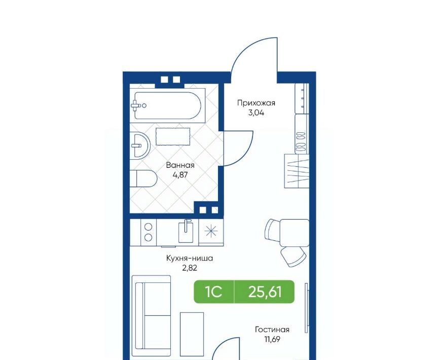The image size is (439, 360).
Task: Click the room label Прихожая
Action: pyautogui.click(x=256, y=103)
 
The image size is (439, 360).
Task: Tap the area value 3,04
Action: pyautogui.click(x=256, y=113)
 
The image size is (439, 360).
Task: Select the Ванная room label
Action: pyautogui.click(x=180, y=165)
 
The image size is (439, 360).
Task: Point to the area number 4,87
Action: pyautogui.click(x=180, y=175)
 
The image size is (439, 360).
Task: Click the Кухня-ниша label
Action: pyautogui.click(x=190, y=258)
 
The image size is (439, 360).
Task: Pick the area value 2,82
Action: pyautogui.click(x=190, y=268)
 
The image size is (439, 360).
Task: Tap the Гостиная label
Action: pyautogui.click(x=272, y=330)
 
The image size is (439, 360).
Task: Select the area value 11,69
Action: pyautogui.click(x=272, y=340)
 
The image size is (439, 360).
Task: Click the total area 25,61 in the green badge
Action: pyautogui.click(x=265, y=292)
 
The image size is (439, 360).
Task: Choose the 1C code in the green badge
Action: pyautogui.click(x=214, y=292)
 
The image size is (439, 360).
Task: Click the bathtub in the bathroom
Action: pyautogui.click(x=167, y=105)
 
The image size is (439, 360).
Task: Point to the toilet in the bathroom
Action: pyautogui.click(x=143, y=178)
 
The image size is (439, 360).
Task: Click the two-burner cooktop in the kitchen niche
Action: pyautogui.click(x=148, y=232)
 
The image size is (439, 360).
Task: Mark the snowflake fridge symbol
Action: pyautogui.click(x=211, y=232)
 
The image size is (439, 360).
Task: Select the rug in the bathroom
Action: pyautogui.click(x=173, y=136)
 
